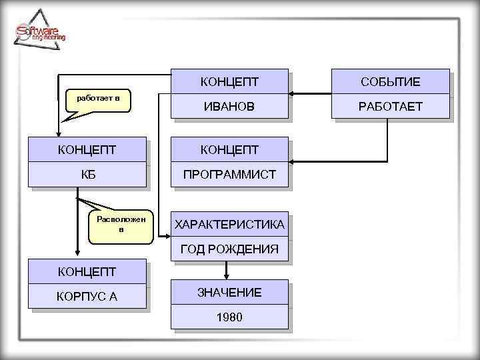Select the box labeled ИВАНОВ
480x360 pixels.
pos(229,107)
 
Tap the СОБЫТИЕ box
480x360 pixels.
pos(390,81)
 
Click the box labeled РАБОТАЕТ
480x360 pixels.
pos(390,107)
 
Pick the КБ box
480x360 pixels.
pos(87,175)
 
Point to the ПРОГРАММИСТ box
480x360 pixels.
pos(229,175)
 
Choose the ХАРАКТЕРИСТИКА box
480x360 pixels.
pos(229,225)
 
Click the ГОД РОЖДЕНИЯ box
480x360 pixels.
pos(229,249)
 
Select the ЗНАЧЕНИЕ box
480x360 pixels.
pos(229,292)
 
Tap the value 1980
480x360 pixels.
pos(229,317)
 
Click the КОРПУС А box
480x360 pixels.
pos(87,296)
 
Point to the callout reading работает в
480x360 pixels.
pos(98,100)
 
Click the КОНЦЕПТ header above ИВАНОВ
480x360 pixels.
pos(229,81)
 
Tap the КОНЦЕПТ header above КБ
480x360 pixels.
pos(87,149)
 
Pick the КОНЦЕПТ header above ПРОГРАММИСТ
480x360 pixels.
pos(229,149)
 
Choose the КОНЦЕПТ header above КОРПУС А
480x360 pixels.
pos(87,271)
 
